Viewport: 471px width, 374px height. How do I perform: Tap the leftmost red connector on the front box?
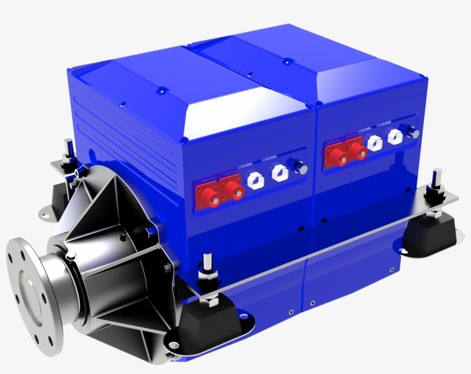tap(212, 197)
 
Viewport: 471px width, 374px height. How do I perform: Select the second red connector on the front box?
tap(233, 191)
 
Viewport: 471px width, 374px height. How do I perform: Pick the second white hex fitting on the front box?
tap(280, 172)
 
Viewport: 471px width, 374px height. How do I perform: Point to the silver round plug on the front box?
tap(299, 167)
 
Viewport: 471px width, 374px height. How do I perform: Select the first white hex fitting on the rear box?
tap(375, 142)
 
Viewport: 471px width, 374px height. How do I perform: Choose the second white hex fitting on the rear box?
tap(395, 137)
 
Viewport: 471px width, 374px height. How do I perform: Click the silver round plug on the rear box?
tap(412, 132)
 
